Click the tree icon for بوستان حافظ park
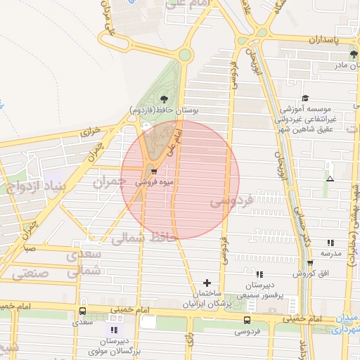click(x=165, y=98)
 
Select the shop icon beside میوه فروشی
click(x=154, y=170)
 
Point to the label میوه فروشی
click(x=151, y=181)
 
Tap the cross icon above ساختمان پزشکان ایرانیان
click(x=207, y=283)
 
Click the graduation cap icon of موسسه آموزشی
click(x=305, y=98)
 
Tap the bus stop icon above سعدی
click(x=83, y=311)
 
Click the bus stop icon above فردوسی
click(x=247, y=320)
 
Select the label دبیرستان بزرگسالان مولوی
click(x=113, y=345)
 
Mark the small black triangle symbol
click(x=330, y=179)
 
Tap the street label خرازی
click(x=91, y=131)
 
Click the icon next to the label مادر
click(x=354, y=54)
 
